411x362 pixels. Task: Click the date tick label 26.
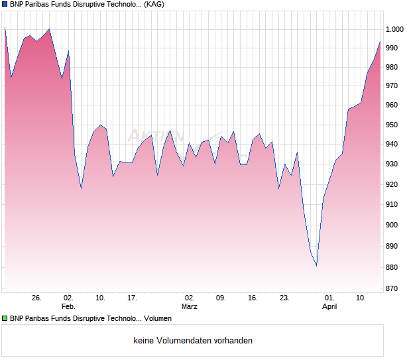pyautogui.click(x=36, y=298)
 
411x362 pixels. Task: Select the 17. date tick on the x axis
pyautogui.click(x=132, y=298)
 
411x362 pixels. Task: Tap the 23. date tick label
pyautogui.click(x=284, y=298)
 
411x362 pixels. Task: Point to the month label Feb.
pyautogui.click(x=68, y=306)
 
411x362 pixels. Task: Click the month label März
pyautogui.click(x=190, y=306)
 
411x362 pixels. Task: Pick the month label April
pyautogui.click(x=329, y=306)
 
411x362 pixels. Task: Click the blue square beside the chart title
pyautogui.click(x=5, y=4)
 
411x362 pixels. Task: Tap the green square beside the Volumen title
pyautogui.click(x=5, y=318)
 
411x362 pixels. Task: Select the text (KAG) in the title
pyautogui.click(x=154, y=4)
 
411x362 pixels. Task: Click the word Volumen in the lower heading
pyautogui.click(x=158, y=318)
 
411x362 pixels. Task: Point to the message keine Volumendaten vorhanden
pyautogui.click(x=193, y=341)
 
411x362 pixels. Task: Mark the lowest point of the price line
pyautogui.click(x=316, y=266)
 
